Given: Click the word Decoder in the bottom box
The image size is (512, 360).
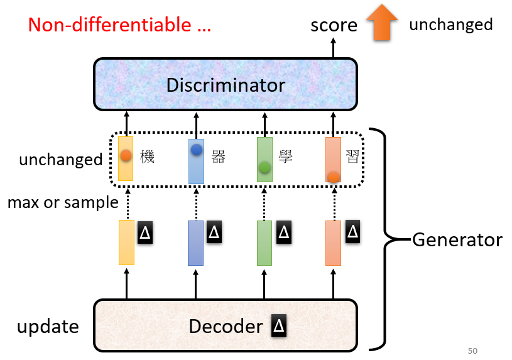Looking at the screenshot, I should click(x=226, y=327).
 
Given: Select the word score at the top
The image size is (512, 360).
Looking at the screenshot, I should click(x=334, y=25).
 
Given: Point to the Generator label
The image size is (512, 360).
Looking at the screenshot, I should click(x=457, y=239).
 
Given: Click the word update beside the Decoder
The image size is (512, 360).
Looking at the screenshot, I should click(x=48, y=327).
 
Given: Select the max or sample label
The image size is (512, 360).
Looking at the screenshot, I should click(x=63, y=202).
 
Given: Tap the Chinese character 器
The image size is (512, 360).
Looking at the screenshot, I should click(x=218, y=157).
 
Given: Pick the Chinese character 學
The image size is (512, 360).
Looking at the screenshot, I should click(x=287, y=157).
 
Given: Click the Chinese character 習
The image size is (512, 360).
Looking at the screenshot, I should click(x=353, y=157).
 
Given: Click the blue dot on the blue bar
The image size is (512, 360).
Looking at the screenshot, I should click(x=197, y=150).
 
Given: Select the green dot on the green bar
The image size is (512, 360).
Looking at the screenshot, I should click(x=264, y=167).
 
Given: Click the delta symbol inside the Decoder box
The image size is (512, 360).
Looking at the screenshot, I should click(x=279, y=326).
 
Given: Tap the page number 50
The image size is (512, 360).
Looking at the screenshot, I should click(x=472, y=350).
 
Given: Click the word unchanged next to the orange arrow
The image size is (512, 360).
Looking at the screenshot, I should click(x=450, y=25).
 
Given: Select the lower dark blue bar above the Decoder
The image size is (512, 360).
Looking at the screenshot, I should click(x=195, y=243).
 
